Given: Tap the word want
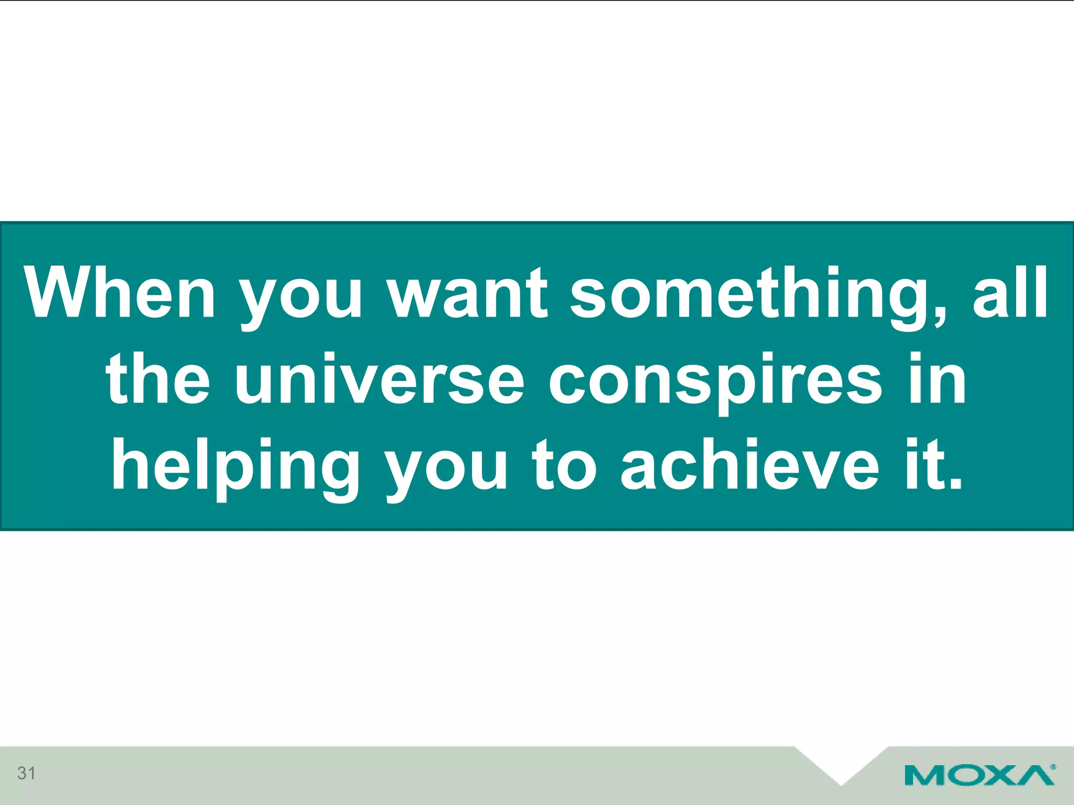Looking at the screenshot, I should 468,293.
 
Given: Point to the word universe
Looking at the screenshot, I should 379,379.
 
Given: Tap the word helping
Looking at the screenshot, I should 235,466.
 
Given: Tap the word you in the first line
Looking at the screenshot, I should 300,297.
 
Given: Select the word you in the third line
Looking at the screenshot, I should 446,469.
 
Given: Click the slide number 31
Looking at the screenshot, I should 26,773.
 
